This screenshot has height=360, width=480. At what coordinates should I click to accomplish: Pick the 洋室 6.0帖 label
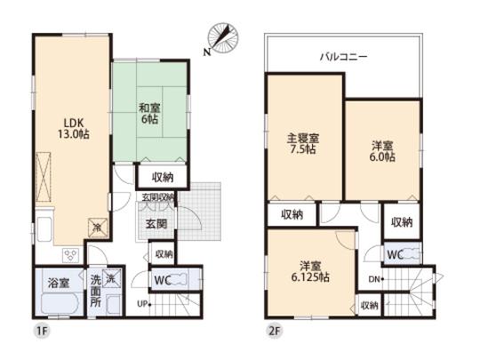tap(383, 150)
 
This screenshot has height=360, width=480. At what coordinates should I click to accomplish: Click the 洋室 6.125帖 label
tap(311, 270)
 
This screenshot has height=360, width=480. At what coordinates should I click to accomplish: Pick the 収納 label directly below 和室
tap(162, 177)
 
